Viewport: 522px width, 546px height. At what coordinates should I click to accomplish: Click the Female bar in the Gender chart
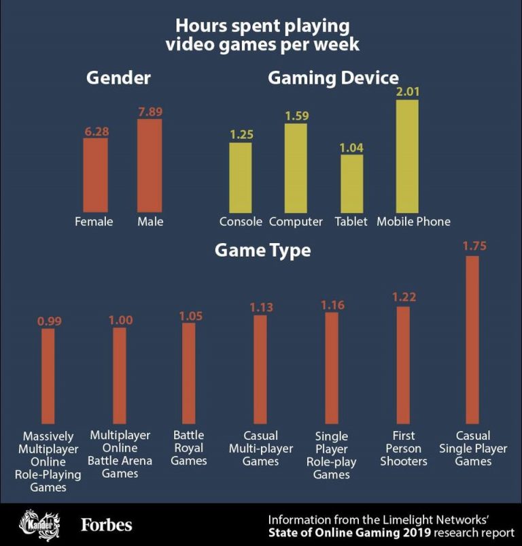[95, 174]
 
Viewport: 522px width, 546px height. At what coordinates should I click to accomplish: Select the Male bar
[150, 165]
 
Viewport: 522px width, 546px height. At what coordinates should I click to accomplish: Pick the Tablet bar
[351, 182]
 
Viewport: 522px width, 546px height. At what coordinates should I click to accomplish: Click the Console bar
[240, 176]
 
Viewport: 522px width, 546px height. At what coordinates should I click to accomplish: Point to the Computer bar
[296, 167]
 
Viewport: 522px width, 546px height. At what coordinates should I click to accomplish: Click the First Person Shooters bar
[403, 365]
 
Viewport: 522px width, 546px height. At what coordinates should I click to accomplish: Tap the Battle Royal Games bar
[188, 373]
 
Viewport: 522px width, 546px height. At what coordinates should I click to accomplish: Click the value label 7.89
[150, 112]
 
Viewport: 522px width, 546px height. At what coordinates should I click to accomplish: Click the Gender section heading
[118, 78]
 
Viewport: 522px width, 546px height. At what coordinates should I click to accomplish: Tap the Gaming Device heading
[333, 78]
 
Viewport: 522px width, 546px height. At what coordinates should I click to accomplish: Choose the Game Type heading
[262, 251]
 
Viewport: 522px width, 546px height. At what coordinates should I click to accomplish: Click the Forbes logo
[107, 525]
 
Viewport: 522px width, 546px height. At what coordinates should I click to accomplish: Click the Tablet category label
[351, 221]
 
